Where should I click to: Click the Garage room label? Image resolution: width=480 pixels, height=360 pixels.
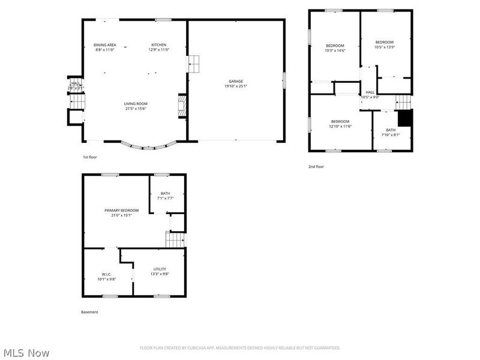235,81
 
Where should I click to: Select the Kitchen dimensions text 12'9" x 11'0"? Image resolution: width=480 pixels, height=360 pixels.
159,50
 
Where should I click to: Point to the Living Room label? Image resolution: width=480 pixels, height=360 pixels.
136,104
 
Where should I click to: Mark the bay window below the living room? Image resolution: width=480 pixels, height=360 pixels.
149,146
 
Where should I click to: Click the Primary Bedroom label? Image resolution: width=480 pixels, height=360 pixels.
122,210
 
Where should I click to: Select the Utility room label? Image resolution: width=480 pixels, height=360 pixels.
160,269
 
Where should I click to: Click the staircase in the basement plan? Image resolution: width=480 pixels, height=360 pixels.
174,240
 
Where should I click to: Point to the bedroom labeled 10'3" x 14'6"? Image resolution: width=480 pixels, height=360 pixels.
335,46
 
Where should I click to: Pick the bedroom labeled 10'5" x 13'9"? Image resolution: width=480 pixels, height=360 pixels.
385,42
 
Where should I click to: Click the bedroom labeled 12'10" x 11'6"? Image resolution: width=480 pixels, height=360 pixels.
340,121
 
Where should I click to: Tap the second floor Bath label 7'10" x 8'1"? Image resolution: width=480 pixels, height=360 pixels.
391,130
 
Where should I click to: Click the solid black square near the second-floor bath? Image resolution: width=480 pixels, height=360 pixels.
406,118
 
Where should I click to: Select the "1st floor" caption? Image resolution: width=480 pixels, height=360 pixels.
90,157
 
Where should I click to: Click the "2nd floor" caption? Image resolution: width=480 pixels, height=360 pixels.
316,167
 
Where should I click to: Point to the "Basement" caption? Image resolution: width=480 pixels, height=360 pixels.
89,312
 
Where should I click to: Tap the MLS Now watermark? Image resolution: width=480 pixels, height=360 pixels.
26,353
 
